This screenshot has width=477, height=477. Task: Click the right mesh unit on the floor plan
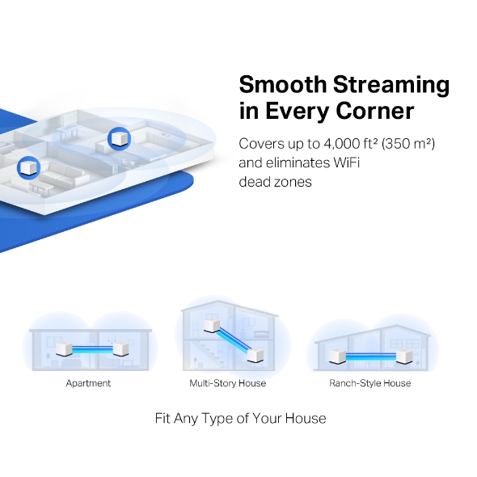(x=119, y=138)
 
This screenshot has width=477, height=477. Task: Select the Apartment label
(x=88, y=383)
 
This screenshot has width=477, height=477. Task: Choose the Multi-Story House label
(x=227, y=383)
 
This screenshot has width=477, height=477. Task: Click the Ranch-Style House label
(x=369, y=383)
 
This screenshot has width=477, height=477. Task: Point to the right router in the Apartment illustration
(x=120, y=351)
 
